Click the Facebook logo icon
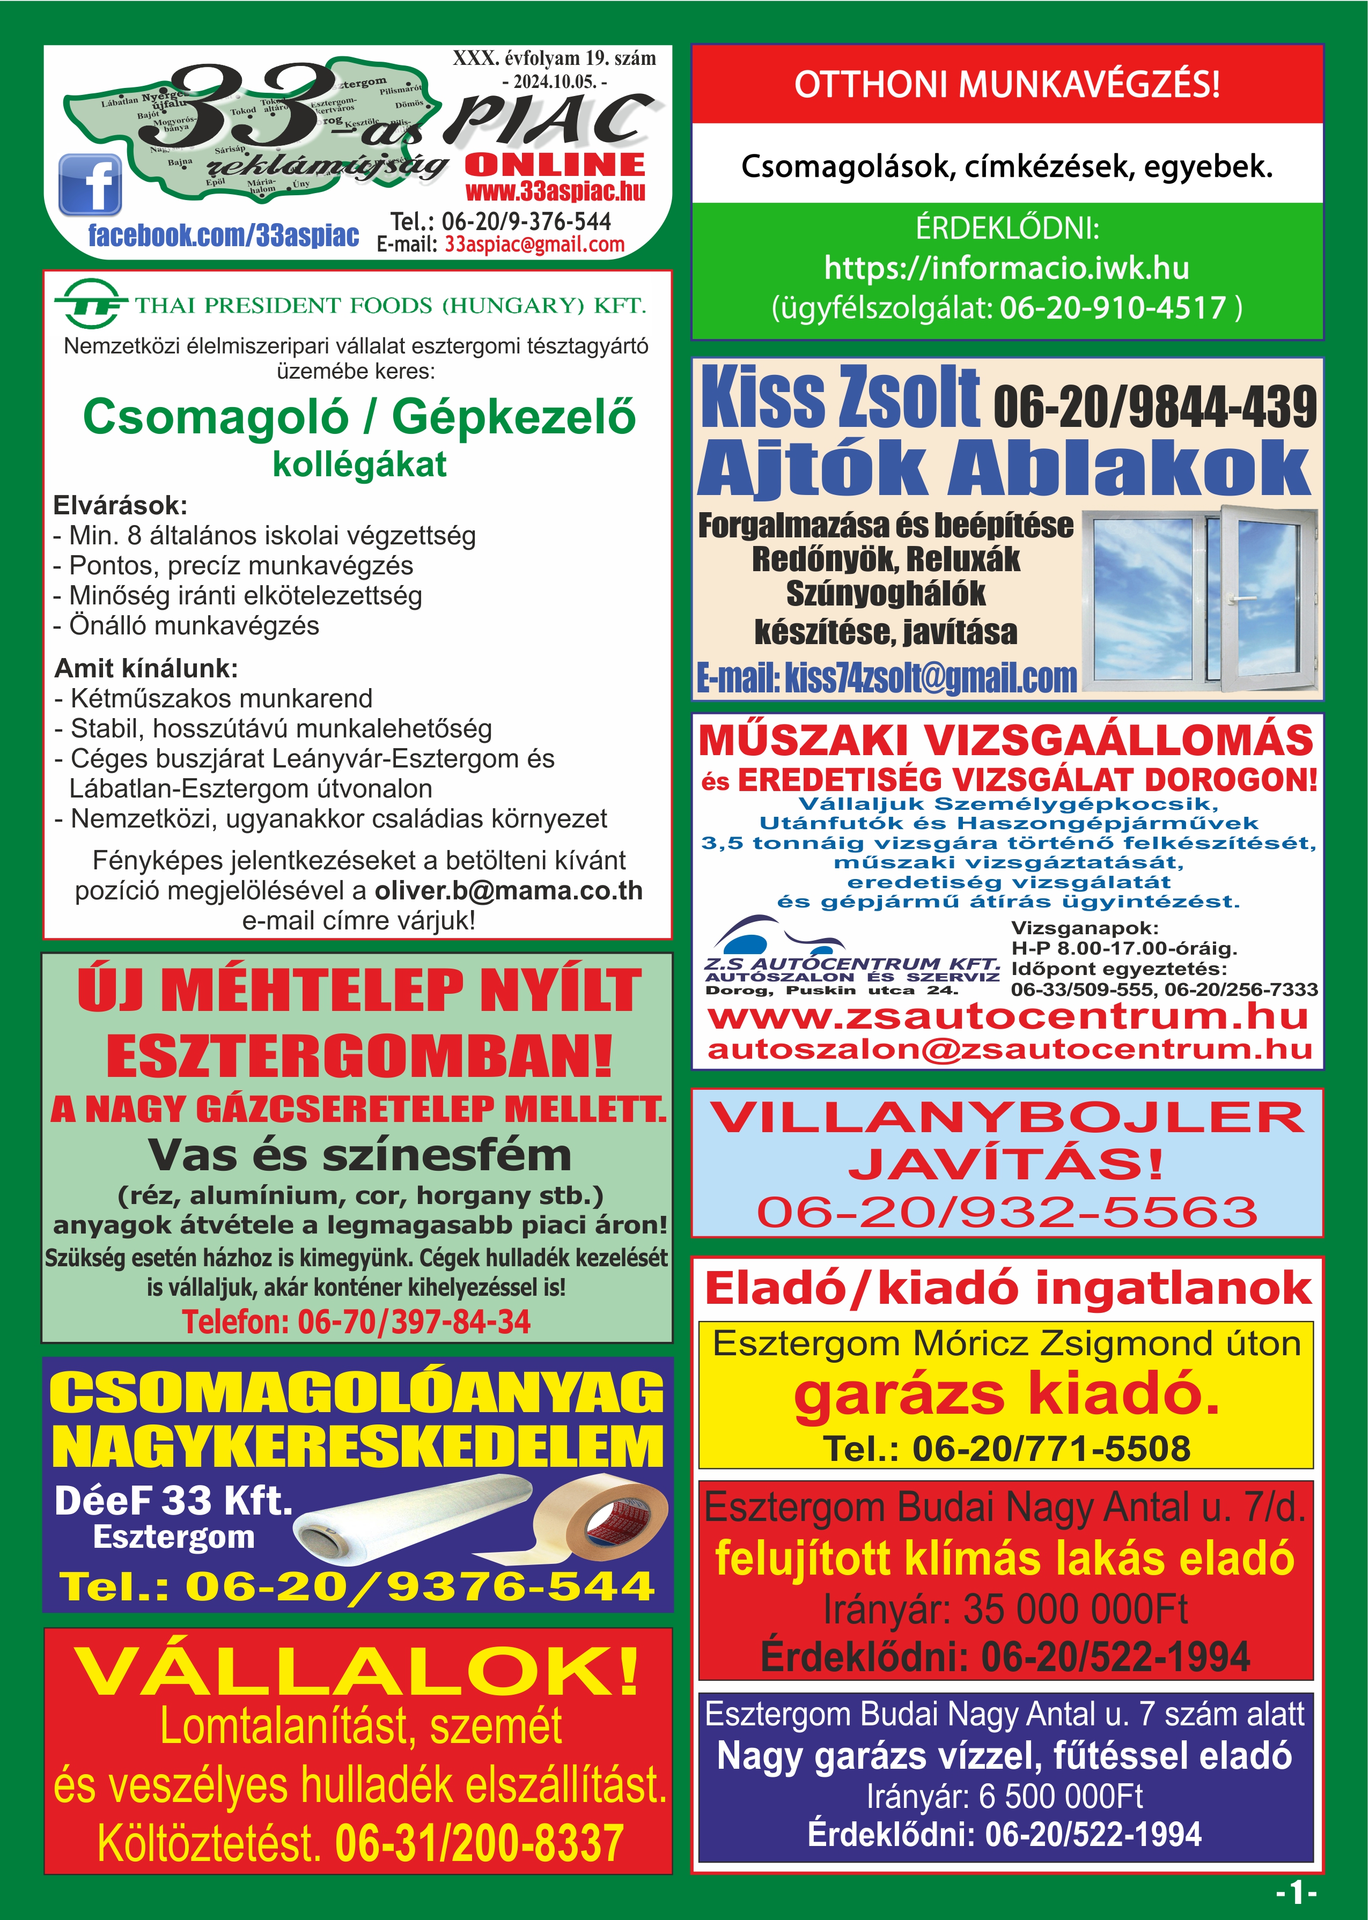[90, 184]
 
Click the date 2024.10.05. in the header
[554, 82]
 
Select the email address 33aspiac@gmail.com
[534, 245]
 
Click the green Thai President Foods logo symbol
[90, 304]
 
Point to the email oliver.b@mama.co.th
[509, 891]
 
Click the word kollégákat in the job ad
[359, 464]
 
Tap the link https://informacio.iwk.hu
[1006, 268]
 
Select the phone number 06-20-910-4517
[1112, 308]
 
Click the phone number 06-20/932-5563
[1006, 1212]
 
